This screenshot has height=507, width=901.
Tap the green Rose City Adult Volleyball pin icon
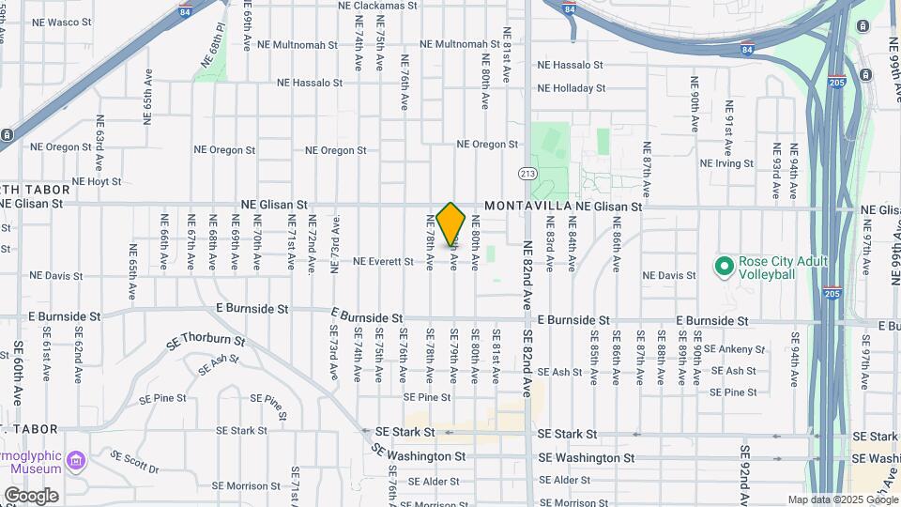point(724,268)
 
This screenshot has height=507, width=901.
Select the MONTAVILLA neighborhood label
point(527,206)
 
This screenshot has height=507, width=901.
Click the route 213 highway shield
point(527,174)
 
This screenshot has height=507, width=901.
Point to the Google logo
point(30,496)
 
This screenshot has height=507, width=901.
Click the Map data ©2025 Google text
point(842,499)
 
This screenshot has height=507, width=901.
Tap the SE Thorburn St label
point(206,342)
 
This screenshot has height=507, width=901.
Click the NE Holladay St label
point(571,88)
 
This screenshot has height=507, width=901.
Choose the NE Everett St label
point(383,261)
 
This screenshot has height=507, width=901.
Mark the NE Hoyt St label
point(91,181)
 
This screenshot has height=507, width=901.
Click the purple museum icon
point(75,462)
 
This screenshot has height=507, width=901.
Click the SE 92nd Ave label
point(742,480)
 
